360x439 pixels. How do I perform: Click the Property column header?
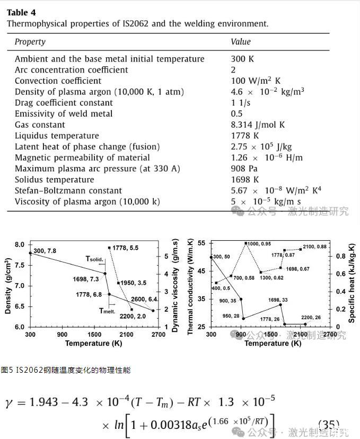click(x=30, y=42)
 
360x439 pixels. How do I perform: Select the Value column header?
click(x=240, y=42)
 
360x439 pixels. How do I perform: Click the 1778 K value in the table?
click(x=245, y=136)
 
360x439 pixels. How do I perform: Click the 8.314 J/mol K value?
click(x=258, y=125)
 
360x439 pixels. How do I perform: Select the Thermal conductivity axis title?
click(x=190, y=286)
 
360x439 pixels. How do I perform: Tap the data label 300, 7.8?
click(x=46, y=251)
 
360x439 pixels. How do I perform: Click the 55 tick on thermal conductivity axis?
click(x=201, y=243)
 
